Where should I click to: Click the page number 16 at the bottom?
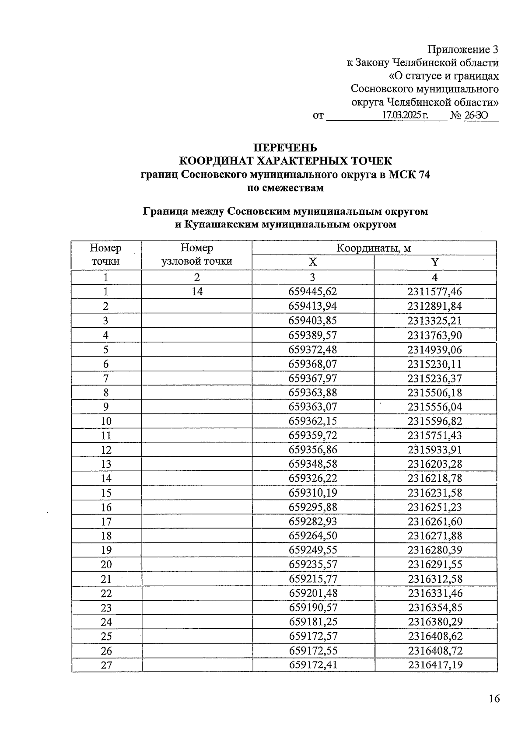click(x=494, y=699)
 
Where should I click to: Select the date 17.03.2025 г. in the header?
click(x=405, y=115)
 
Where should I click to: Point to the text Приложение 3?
click(x=463, y=49)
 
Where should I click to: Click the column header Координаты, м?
click(x=374, y=248)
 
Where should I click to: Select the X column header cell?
click(x=313, y=262)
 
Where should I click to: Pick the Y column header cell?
click(x=435, y=262)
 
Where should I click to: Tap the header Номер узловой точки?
click(x=196, y=255)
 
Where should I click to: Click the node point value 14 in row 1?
click(x=197, y=292)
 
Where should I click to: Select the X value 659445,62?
click(x=313, y=292)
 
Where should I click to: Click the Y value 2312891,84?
click(x=435, y=306)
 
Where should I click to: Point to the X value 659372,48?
click(x=313, y=350)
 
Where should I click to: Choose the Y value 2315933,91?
click(x=435, y=450)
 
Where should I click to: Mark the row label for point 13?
click(x=106, y=464)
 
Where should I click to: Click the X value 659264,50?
click(x=313, y=536)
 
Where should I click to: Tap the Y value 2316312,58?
click(x=435, y=579)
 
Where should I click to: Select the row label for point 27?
click(x=106, y=665)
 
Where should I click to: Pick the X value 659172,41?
click(x=313, y=665)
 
